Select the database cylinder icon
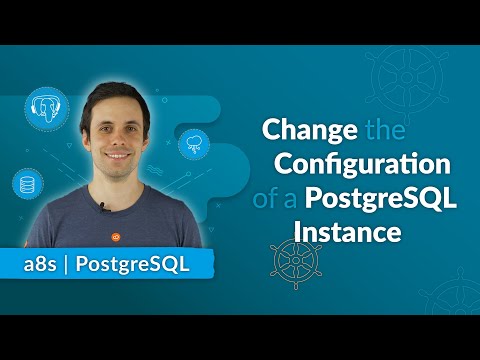26,183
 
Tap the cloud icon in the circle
192,145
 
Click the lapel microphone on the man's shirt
102,208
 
